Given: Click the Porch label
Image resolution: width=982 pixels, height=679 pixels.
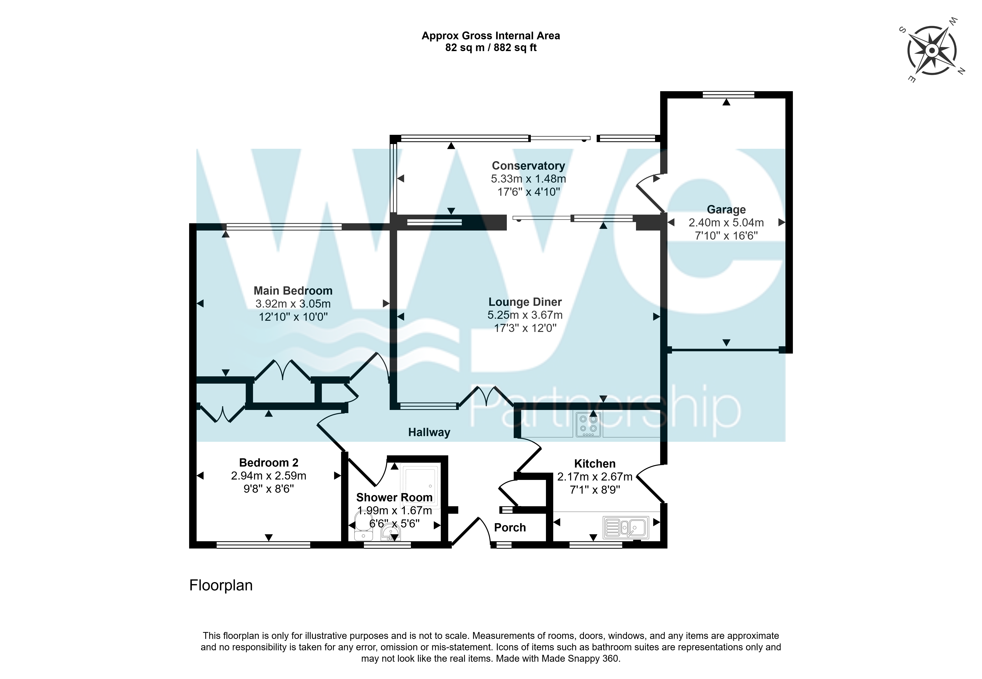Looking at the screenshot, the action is [510, 527].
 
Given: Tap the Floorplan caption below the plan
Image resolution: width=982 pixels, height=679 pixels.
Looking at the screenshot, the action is [221, 585].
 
